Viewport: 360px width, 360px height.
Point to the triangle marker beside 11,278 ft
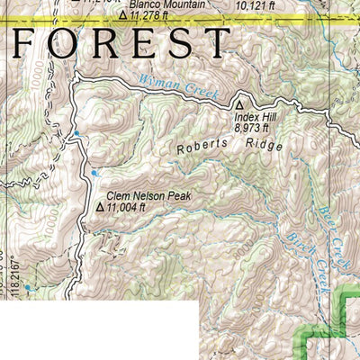pos(123,14)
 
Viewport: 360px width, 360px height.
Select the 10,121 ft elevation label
pos(254,4)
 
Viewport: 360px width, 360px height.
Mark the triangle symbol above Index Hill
pos(240,105)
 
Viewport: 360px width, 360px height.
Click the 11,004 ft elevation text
pos(126,206)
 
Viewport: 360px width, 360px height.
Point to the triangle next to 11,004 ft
pos(99,206)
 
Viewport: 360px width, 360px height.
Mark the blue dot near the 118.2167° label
pos(27,288)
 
